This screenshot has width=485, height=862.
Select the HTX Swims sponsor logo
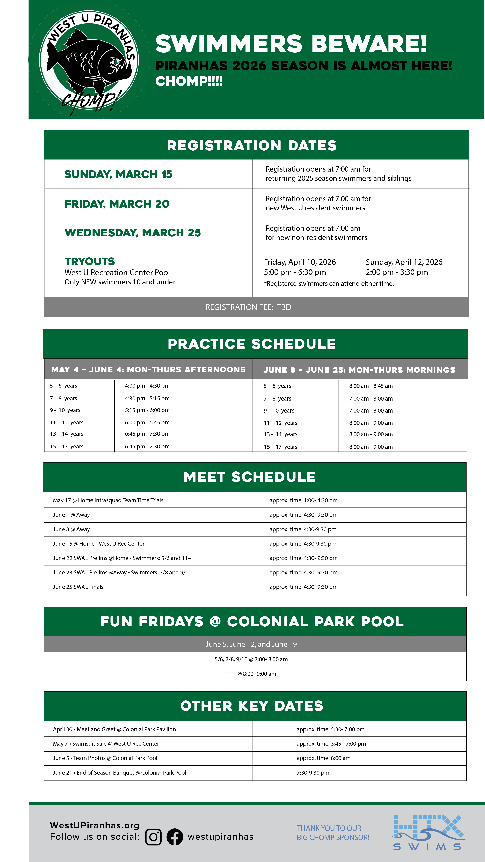428,833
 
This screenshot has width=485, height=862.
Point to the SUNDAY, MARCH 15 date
118,174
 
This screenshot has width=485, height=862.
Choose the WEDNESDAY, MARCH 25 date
133,233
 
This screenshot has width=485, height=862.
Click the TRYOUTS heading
89,261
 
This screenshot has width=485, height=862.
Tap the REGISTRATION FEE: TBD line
248,307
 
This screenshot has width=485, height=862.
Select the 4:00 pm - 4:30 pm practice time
147,386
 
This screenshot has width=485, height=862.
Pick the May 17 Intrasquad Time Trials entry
108,500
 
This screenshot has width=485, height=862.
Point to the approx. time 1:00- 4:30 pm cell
303,500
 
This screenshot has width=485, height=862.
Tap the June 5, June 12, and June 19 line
251,644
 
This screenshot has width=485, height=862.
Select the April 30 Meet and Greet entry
114,729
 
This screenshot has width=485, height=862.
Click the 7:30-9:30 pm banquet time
313,773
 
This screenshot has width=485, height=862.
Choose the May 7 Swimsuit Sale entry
106,744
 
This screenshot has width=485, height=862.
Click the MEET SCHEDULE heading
249,477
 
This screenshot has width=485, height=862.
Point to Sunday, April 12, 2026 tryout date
404,262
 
